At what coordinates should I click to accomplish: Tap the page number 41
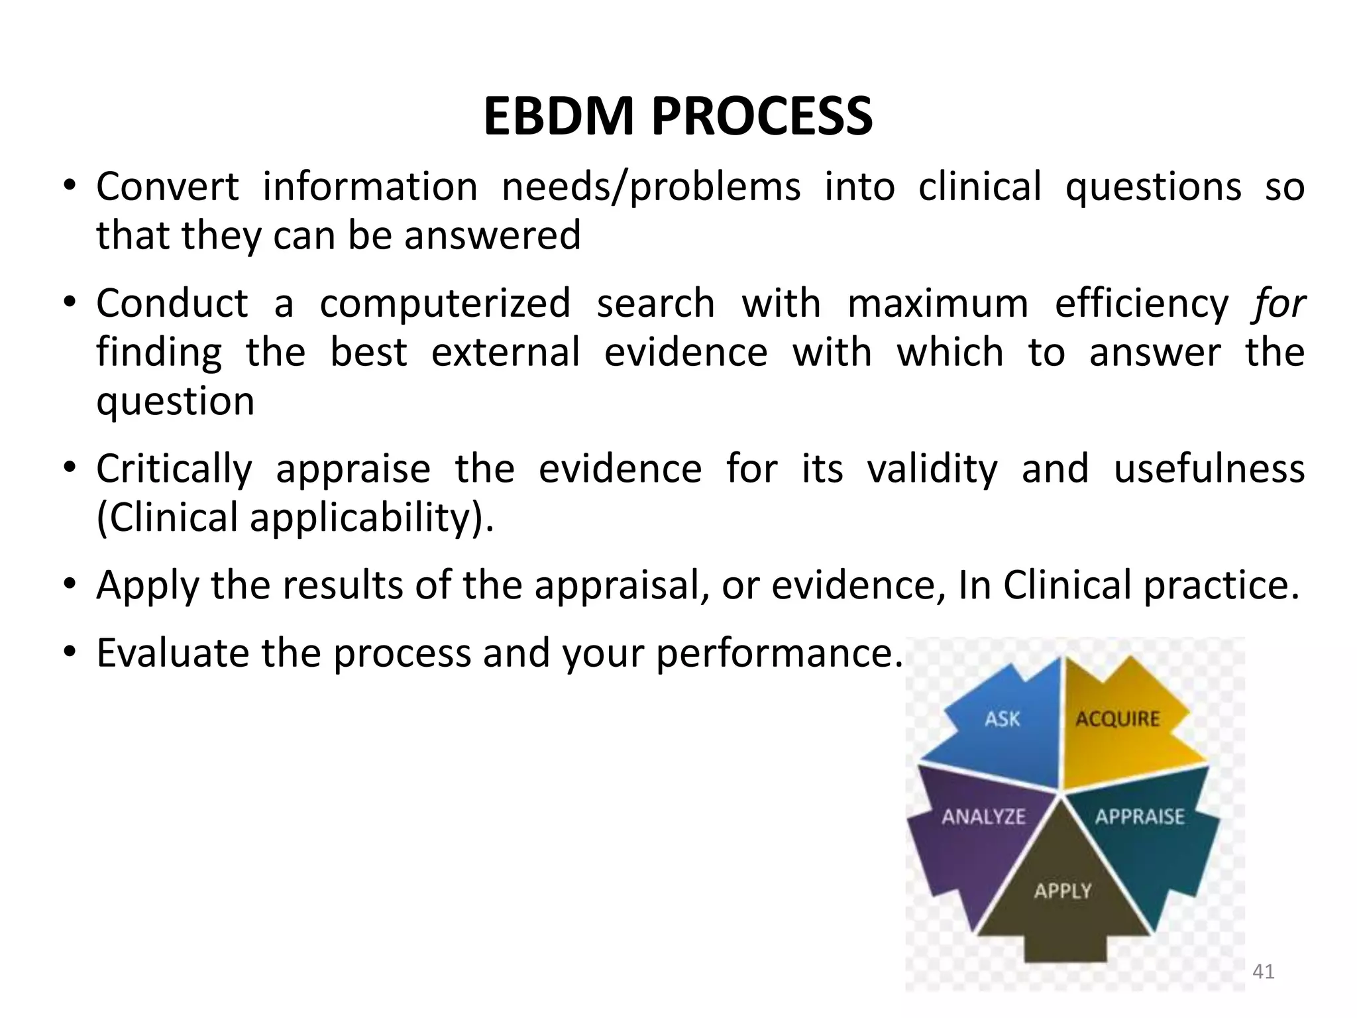click(1264, 972)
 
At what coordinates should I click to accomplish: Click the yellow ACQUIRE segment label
click(1117, 719)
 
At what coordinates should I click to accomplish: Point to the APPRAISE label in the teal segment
click(1139, 817)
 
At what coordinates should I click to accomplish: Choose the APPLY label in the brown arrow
click(1062, 891)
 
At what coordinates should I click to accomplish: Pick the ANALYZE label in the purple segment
click(983, 817)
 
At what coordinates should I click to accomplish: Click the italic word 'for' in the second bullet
click(1278, 304)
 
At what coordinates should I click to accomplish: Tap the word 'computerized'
click(445, 304)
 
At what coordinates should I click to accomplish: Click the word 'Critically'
click(174, 469)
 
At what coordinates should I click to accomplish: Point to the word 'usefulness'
click(1209, 469)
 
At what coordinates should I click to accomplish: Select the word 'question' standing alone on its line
click(176, 402)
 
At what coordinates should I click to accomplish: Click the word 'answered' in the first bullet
click(492, 236)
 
